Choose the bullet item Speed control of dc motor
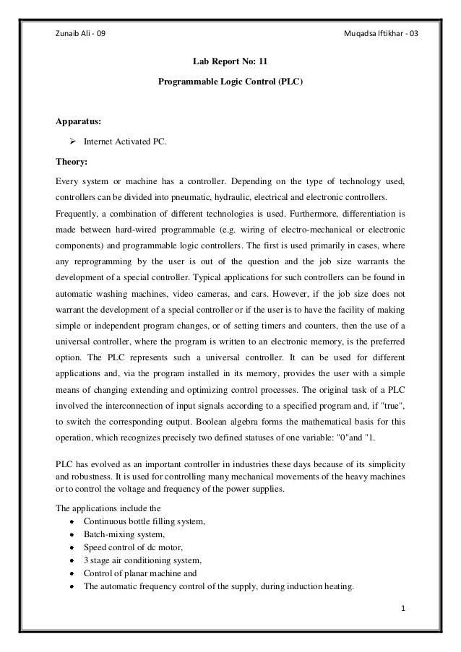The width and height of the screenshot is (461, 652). click(134, 547)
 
